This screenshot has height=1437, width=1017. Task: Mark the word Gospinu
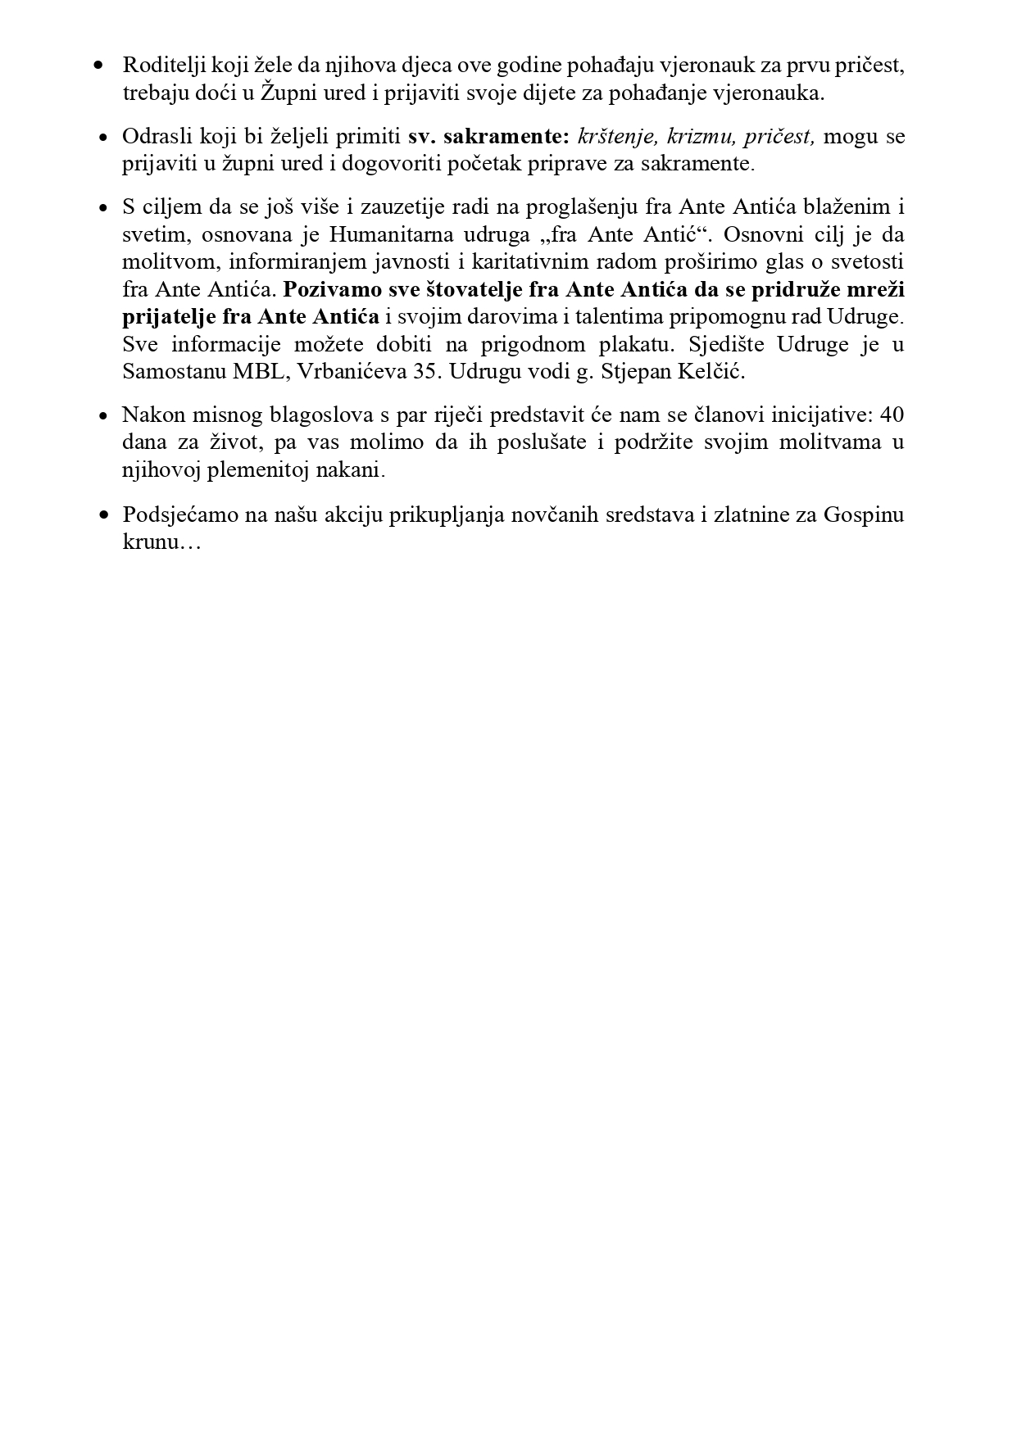pos(864,515)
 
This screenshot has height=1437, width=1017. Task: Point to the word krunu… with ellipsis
pos(161,542)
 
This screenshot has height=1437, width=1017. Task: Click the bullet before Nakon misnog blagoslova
pos(103,416)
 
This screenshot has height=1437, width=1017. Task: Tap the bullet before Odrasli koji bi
pos(103,137)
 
